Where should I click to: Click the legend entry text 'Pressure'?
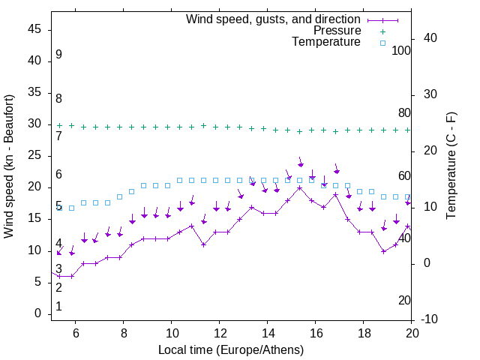337,31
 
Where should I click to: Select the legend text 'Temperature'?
326,42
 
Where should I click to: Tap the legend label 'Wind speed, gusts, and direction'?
274,19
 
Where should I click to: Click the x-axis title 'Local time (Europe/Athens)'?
231,349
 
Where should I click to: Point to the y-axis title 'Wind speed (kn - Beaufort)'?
9,166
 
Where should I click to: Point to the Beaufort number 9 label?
58,55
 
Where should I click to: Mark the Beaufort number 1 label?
58,306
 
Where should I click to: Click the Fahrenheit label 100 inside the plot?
402,50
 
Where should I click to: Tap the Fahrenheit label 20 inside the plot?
404,300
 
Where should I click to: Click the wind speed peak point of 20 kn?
300,187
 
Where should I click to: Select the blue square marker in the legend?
382,43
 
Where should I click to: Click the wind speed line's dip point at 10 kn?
383,251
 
